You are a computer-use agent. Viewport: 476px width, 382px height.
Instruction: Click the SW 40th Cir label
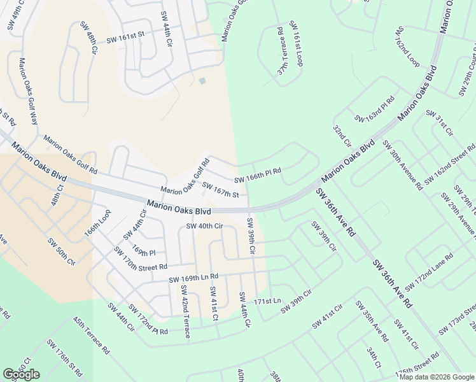pyautogui.click(x=204, y=225)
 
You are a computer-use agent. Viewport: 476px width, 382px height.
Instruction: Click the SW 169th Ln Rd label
pyautogui.click(x=193, y=278)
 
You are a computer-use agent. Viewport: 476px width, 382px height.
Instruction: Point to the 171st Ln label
pyautogui.click(x=267, y=301)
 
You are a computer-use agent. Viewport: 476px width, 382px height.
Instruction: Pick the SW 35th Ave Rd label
pyautogui.click(x=372, y=321)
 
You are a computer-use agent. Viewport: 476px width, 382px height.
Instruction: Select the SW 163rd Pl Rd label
pyautogui.click(x=375, y=109)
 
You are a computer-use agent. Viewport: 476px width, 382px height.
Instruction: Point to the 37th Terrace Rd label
pyautogui.click(x=281, y=51)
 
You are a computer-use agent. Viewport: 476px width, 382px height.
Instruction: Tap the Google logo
pyautogui.click(x=21, y=374)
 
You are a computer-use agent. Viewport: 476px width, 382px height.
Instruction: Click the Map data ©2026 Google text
pyautogui.click(x=436, y=377)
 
